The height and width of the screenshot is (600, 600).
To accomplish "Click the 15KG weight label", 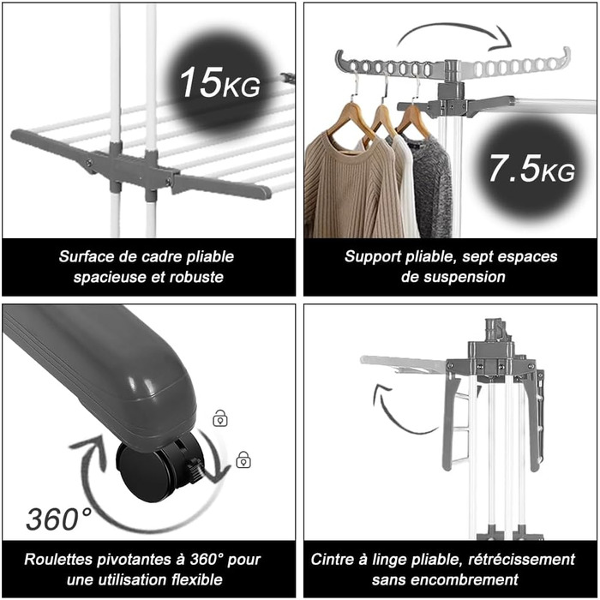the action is pyautogui.click(x=219, y=82).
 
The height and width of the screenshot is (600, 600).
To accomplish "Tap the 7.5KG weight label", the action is pyautogui.click(x=531, y=168).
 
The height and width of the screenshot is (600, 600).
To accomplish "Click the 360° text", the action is pyautogui.click(x=59, y=519).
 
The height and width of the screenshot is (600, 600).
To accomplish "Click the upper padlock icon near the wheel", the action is pyautogui.click(x=220, y=418).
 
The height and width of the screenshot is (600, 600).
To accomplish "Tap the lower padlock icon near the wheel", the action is pyautogui.click(x=243, y=459).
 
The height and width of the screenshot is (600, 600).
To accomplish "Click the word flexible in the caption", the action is pyautogui.click(x=196, y=579).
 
